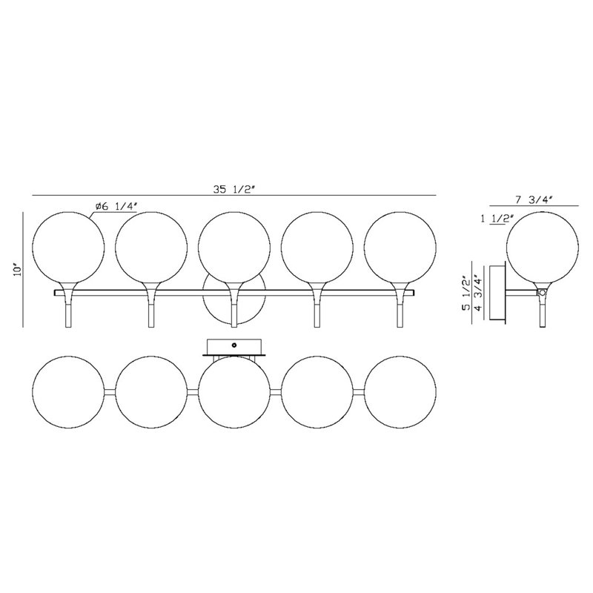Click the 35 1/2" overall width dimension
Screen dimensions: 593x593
click(235, 190)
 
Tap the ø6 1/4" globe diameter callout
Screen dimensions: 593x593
click(116, 207)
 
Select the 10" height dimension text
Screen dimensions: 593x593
click(17, 271)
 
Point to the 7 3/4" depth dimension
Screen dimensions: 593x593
click(534, 199)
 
